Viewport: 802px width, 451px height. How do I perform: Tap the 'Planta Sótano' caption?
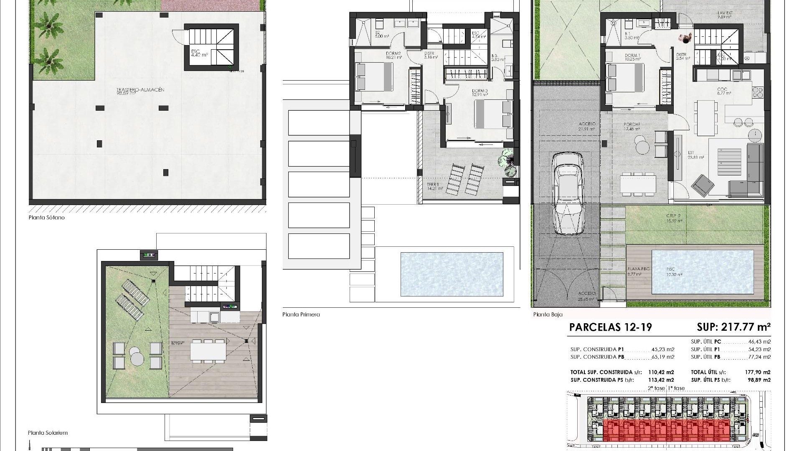click(x=46, y=218)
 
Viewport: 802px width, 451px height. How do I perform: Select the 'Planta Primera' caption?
click(x=301, y=314)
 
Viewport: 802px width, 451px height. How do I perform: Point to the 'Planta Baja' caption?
click(x=548, y=314)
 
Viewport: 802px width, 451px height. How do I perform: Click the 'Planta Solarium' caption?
click(x=48, y=433)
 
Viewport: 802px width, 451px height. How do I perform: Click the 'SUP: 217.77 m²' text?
click(x=733, y=327)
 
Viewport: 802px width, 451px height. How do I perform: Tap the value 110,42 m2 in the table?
click(x=661, y=372)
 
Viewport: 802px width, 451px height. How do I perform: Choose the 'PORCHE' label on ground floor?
click(x=632, y=124)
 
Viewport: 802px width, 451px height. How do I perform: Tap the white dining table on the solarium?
click(x=208, y=350)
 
